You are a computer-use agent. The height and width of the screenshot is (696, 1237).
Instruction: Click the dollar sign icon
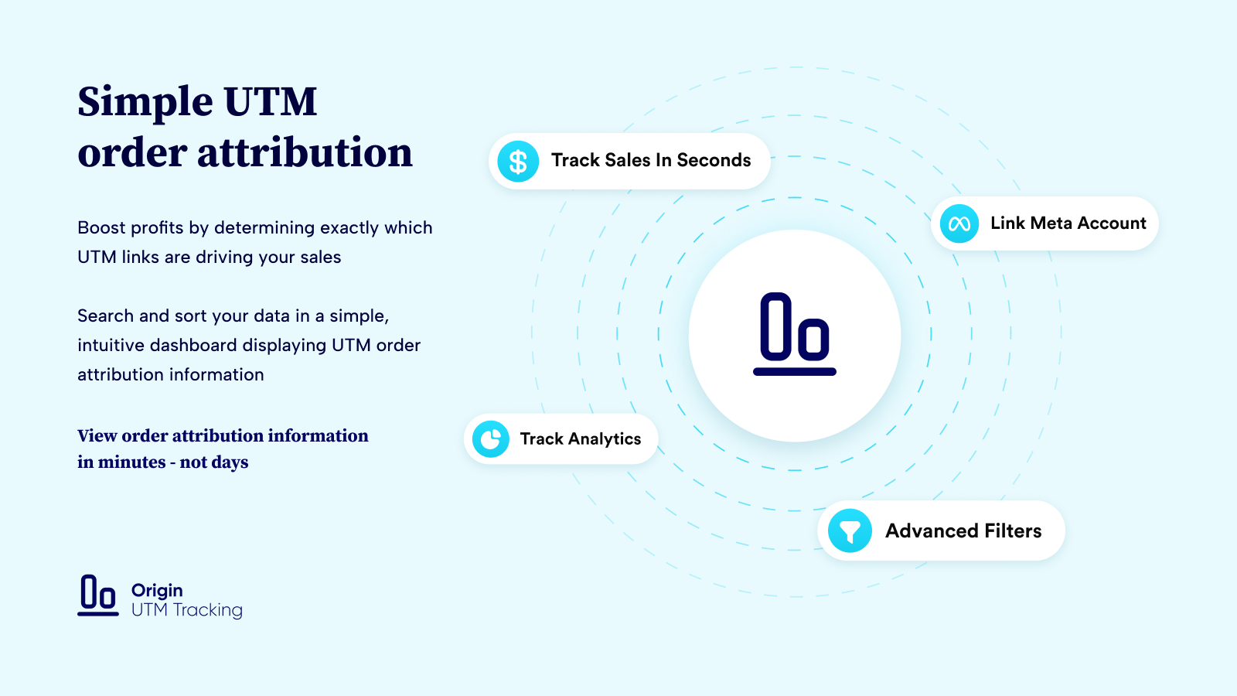click(518, 162)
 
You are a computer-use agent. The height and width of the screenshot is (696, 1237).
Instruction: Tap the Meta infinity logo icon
click(959, 223)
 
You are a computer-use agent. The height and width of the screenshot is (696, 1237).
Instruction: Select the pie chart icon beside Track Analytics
click(490, 439)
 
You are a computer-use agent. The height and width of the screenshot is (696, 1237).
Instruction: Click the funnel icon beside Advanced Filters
click(850, 531)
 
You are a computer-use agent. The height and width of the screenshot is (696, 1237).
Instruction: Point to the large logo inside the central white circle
click(795, 334)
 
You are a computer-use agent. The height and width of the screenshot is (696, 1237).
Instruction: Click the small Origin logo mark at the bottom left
click(97, 595)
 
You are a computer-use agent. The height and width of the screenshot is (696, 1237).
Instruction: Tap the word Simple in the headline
click(145, 104)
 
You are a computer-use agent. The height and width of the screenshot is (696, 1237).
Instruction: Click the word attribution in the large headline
click(305, 152)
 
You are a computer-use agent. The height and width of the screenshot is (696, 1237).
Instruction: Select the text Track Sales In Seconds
click(651, 160)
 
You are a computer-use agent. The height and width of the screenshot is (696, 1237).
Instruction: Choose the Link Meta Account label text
click(1068, 223)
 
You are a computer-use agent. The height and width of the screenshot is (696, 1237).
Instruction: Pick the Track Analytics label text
click(581, 439)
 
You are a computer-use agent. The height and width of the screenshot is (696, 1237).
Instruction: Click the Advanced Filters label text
click(963, 531)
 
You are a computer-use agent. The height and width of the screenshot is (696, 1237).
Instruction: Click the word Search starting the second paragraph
click(105, 316)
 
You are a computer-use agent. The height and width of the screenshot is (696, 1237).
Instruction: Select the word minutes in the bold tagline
click(131, 462)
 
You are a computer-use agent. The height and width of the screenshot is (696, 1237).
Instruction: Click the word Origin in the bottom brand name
click(157, 591)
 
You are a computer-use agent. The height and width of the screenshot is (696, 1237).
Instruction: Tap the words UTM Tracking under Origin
click(186, 610)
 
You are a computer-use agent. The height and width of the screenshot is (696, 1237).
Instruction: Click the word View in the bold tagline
click(97, 436)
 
